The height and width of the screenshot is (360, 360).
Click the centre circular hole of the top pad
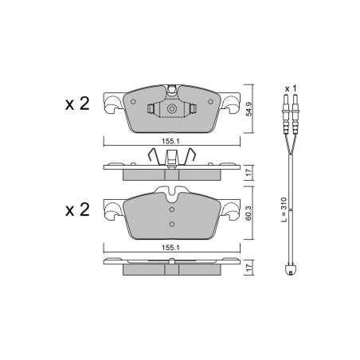(x=170, y=110)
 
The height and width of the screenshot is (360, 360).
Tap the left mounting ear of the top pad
(x=113, y=104)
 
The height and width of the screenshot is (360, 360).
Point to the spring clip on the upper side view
(x=170, y=158)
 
